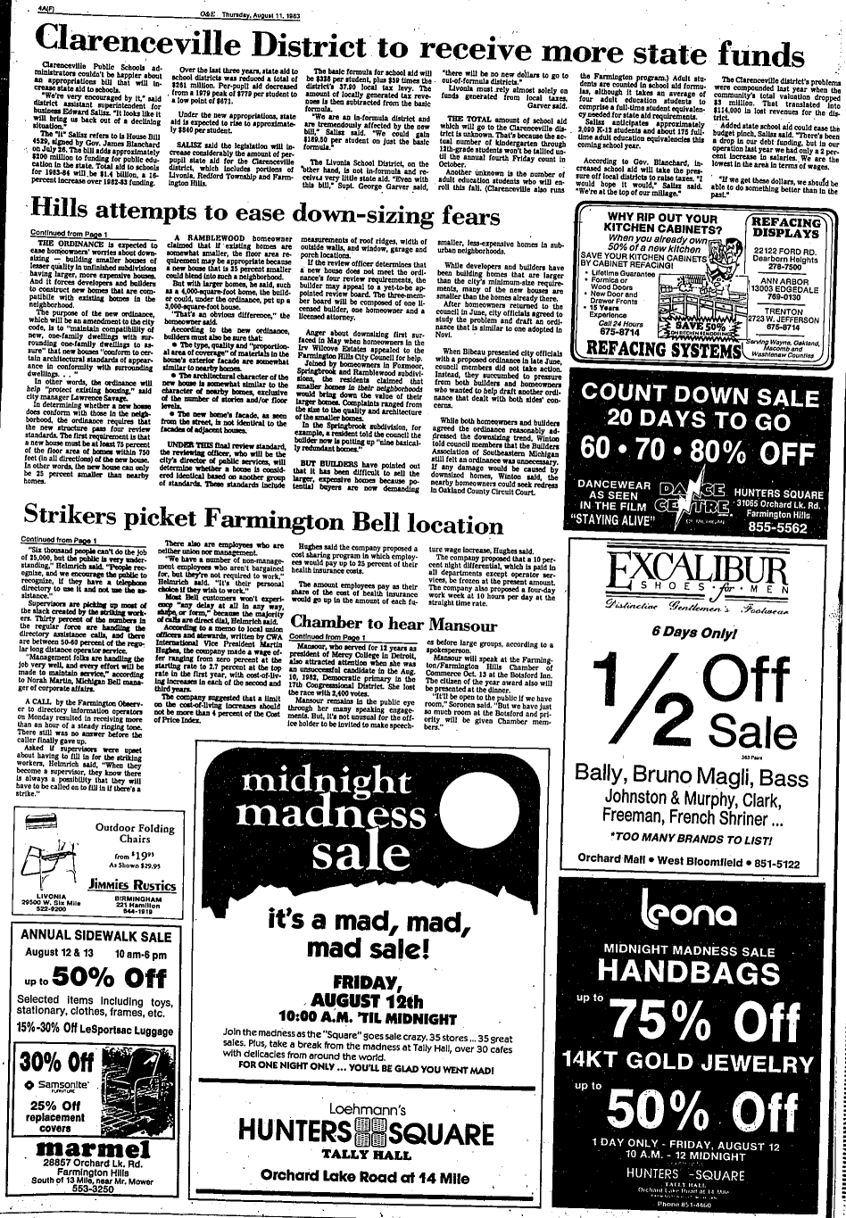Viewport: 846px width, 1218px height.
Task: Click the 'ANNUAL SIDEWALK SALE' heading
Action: [x=95, y=937]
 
